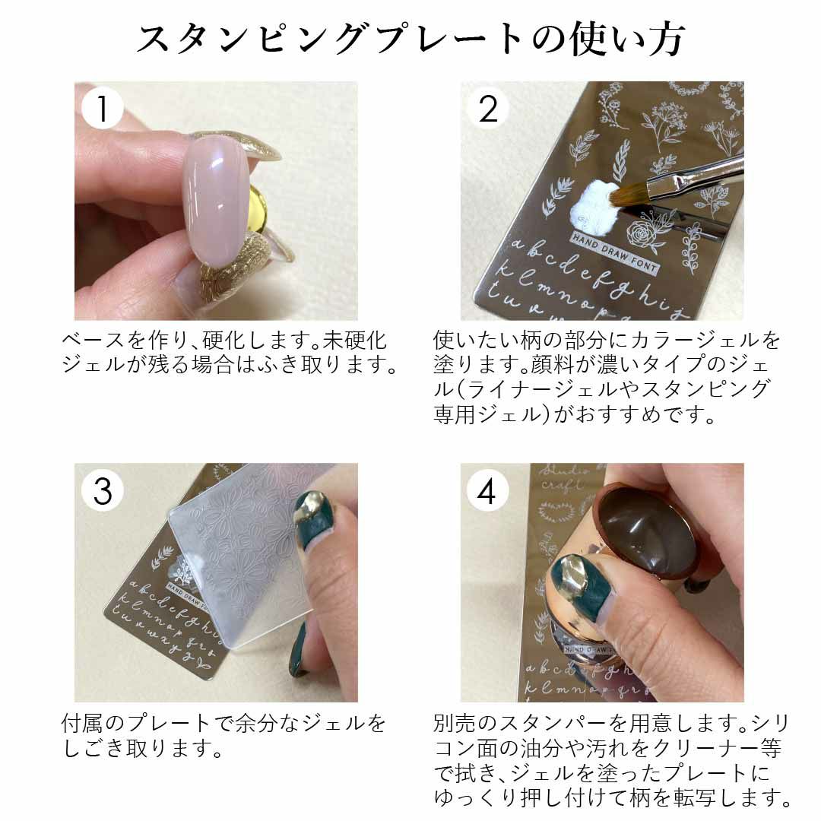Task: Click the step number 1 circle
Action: point(102,109)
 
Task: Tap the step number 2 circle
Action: point(487,109)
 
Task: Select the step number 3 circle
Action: point(102,490)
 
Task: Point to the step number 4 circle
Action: point(487,490)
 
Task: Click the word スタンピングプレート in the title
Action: point(329,40)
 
